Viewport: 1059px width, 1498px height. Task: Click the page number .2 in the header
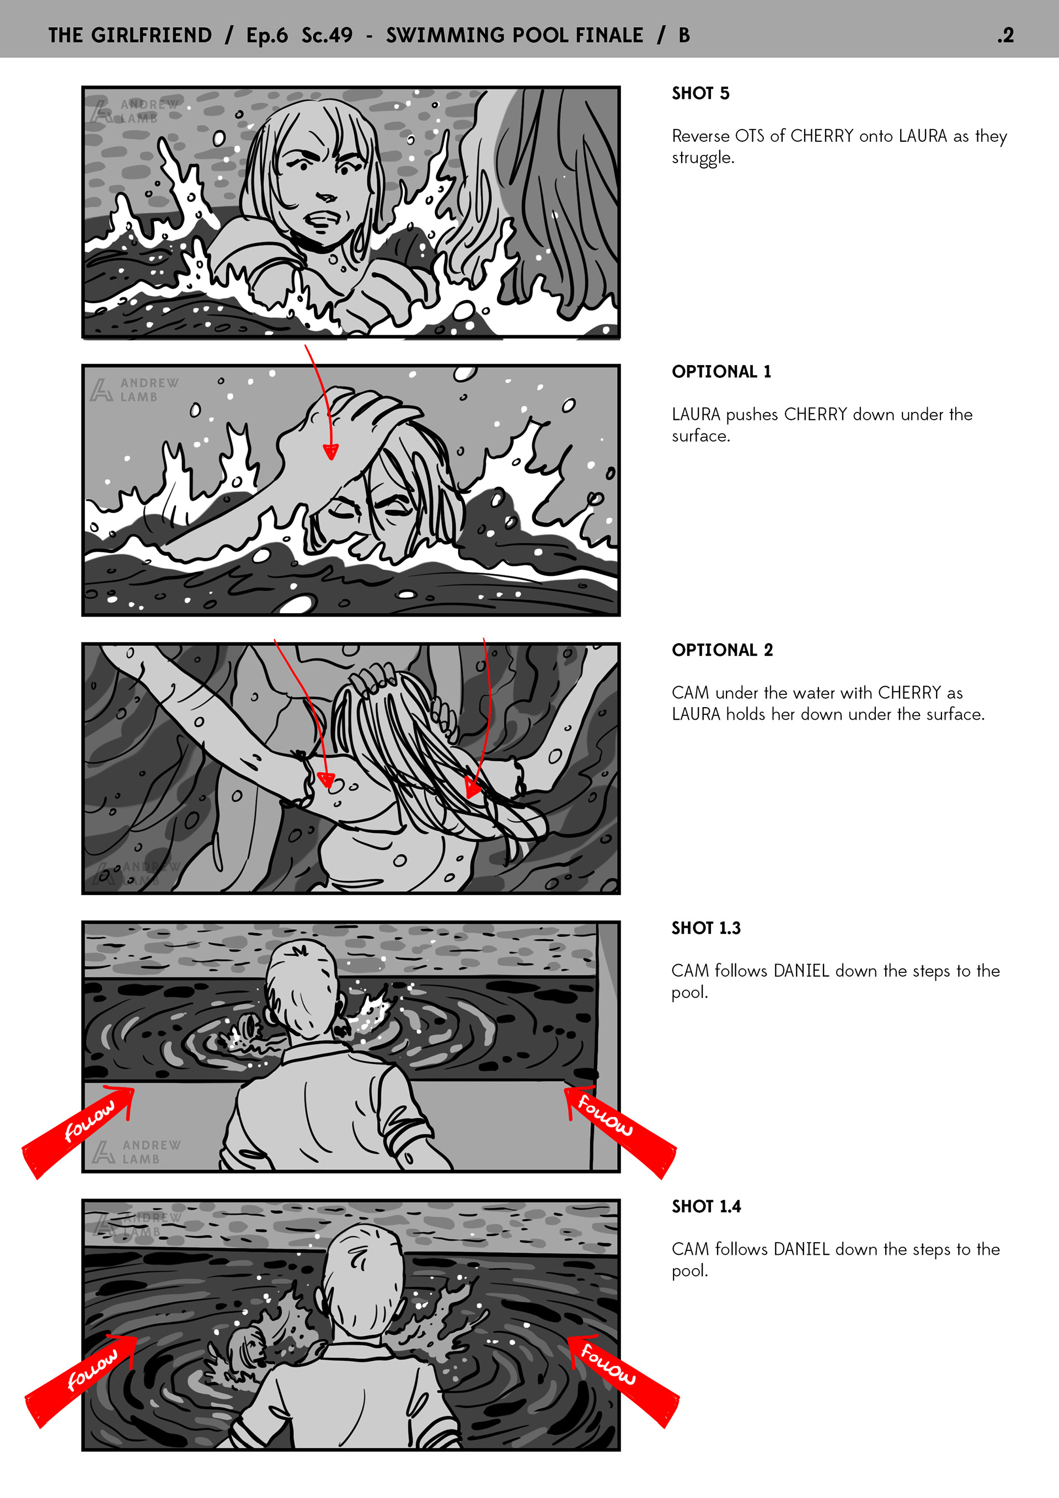(1005, 35)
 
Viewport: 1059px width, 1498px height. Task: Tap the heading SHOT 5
(700, 93)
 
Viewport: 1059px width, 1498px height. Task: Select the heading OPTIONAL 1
(721, 372)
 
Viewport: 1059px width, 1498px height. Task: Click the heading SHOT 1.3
(706, 928)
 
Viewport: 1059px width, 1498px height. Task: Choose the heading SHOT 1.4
(706, 1206)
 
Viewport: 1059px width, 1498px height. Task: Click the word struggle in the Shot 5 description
(702, 158)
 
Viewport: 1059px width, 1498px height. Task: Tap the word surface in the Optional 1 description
(699, 436)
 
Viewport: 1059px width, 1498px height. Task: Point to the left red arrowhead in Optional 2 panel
(325, 780)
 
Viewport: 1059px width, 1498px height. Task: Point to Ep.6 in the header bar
(267, 36)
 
